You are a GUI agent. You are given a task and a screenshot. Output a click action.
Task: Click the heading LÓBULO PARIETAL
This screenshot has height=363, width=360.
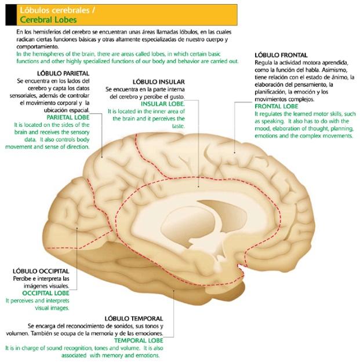click(x=63, y=74)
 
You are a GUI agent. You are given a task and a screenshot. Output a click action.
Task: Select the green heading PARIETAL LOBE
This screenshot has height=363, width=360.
click(x=68, y=118)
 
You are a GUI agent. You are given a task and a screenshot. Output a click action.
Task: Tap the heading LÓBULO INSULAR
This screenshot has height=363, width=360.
click(x=159, y=82)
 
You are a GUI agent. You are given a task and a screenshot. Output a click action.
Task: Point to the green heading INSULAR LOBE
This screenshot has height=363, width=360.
click(x=163, y=104)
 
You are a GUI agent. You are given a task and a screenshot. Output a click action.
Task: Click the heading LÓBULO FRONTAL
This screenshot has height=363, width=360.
click(x=281, y=55)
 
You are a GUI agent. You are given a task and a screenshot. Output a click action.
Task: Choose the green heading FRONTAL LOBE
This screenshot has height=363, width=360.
click(x=277, y=107)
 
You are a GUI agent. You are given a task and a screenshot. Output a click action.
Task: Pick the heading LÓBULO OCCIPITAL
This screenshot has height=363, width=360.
click(x=41, y=271)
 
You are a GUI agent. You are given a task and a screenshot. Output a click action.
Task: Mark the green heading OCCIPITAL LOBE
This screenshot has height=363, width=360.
click(x=46, y=293)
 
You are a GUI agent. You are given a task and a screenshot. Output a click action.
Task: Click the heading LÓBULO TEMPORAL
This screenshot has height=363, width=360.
click(x=134, y=318)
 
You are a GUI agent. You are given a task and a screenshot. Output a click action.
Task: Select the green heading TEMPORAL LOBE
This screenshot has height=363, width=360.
click(x=139, y=340)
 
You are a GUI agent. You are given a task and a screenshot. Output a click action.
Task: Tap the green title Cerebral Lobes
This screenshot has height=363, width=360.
click(x=48, y=20)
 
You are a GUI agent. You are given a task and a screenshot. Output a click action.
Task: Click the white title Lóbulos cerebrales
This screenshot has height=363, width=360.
click(x=54, y=10)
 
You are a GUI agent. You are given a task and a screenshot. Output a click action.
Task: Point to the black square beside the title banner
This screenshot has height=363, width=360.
click(x=11, y=15)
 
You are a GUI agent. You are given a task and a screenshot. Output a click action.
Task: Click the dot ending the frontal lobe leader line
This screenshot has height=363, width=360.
click(x=234, y=153)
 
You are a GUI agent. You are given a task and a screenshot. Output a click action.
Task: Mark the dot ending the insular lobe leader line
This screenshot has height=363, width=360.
click(x=198, y=186)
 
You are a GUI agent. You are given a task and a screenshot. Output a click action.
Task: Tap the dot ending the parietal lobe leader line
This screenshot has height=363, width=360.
click(x=102, y=157)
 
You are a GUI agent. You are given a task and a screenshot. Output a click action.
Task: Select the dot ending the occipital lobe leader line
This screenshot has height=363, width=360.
click(x=77, y=228)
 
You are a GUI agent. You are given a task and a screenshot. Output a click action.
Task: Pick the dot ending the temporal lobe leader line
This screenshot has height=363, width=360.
click(x=173, y=290)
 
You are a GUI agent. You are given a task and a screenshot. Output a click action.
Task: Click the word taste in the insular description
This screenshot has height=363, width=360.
click(x=179, y=126)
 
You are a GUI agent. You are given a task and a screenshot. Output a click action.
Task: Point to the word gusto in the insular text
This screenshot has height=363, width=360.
click(x=177, y=97)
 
